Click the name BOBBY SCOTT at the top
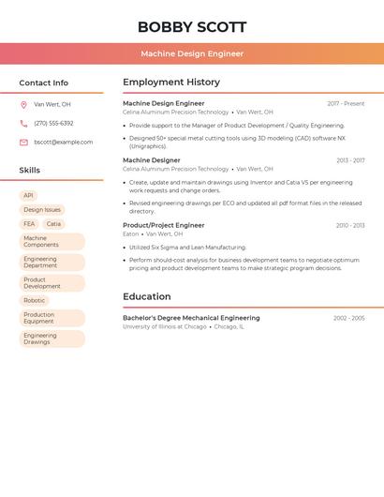192,27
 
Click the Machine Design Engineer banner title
192,53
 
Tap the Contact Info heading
43,83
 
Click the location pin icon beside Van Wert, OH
23,104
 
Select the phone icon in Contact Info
23,123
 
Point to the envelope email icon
23,142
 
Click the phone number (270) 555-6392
53,123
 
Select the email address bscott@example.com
64,142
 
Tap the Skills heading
29,170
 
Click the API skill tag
28,196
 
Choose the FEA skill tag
29,224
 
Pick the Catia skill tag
53,224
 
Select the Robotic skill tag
34,300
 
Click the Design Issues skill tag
42,210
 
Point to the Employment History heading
171,83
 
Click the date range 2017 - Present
346,104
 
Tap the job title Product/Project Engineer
163,225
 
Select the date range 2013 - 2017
350,160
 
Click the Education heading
146,296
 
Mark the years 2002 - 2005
348,318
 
